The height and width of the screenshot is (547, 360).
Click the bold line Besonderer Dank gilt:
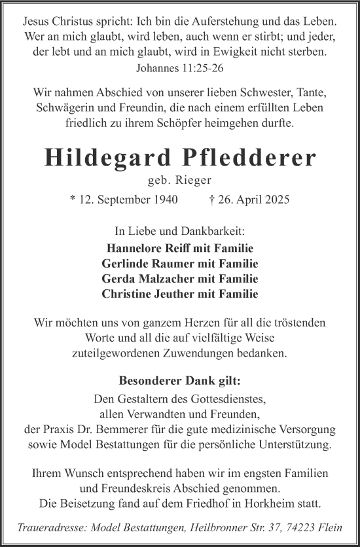[179, 381]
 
